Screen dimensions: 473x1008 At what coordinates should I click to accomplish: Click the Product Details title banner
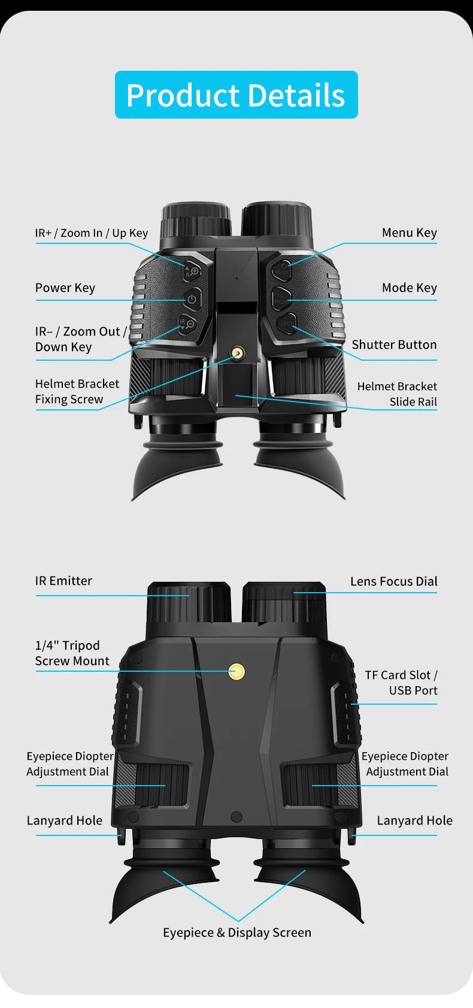pos(236,95)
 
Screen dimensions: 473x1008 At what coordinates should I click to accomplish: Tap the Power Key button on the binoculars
pos(192,299)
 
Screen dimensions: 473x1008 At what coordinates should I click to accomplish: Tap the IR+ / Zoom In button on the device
pos(192,271)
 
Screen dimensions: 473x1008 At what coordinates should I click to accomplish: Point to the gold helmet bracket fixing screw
pos(236,353)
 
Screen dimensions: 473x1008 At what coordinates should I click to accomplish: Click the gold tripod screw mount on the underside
pos(236,672)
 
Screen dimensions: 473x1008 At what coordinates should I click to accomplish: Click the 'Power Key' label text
pos(65,288)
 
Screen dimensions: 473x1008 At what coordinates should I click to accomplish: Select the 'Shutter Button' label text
pos(394,345)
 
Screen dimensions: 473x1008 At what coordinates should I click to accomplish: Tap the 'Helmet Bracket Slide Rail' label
pos(397,394)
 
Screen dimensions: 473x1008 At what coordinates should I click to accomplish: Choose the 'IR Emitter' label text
pos(63,581)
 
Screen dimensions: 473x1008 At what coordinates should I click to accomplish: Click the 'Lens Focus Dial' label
pos(394,581)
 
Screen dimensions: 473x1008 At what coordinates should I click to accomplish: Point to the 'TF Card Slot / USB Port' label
pos(401,683)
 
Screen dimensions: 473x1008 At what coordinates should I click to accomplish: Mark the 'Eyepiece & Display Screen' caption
pos(237,933)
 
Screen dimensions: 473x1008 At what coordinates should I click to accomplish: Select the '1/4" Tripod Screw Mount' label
pos(72,653)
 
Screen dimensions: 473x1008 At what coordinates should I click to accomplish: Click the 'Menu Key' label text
pos(409,233)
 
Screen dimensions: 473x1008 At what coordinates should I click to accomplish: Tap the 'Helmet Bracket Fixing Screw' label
pos(77,391)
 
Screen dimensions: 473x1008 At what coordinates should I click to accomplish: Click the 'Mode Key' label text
pos(409,288)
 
